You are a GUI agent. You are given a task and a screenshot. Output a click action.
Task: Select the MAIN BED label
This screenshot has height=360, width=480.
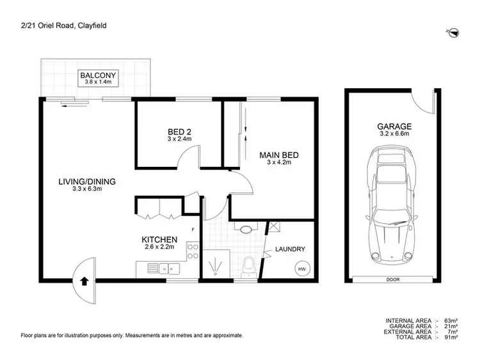[279, 155]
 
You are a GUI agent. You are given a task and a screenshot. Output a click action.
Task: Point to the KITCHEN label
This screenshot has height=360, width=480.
[159, 240]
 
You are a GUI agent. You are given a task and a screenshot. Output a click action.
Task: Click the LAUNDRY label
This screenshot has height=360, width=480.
[290, 249]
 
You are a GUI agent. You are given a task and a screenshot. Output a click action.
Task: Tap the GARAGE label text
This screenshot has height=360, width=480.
[394, 127]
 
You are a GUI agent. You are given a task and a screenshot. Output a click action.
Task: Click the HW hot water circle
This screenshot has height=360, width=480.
[302, 269]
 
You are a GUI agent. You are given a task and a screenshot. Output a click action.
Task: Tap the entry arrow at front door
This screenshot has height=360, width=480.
[84, 280]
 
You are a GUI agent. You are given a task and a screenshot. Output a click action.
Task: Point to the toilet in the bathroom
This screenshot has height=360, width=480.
[250, 265]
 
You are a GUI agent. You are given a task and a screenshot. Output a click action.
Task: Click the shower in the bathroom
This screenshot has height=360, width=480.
[217, 263]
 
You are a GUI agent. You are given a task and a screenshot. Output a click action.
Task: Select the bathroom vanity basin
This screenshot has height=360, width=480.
[245, 227]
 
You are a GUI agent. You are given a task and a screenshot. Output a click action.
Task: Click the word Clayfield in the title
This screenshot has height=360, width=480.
[91, 25]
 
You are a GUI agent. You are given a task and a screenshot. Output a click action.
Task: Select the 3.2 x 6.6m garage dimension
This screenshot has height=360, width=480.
[394, 135]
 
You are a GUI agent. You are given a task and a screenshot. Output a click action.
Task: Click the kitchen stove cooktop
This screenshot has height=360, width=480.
[191, 251]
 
